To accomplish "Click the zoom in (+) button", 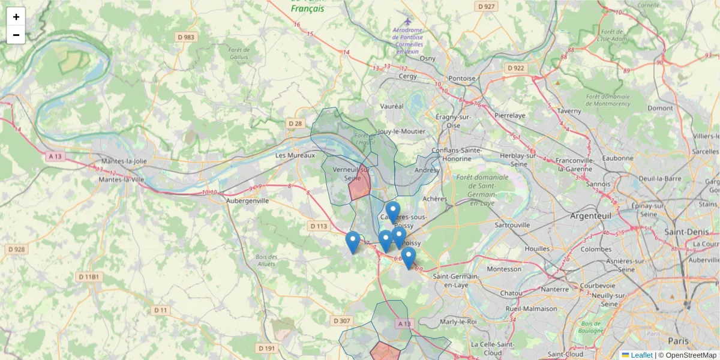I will click(16, 17).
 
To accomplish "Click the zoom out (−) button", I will click(16, 35).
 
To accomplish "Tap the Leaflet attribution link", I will click(641, 355).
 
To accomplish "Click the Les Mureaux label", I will click(295, 155).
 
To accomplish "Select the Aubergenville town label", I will click(247, 201).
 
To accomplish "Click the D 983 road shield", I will click(186, 37).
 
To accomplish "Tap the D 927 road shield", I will click(487, 7).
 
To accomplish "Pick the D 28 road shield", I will click(295, 124).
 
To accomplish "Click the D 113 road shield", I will click(320, 226).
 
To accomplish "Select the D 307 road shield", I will click(341, 321).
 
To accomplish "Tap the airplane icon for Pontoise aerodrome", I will click(408, 21).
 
